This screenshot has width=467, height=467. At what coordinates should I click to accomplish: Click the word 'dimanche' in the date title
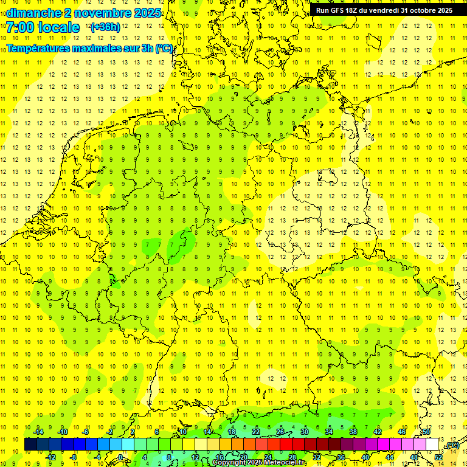33,13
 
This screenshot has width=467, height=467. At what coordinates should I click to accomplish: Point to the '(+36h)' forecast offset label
105,27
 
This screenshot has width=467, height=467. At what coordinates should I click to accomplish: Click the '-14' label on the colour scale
38,432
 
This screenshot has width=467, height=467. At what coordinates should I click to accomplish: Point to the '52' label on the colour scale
438,457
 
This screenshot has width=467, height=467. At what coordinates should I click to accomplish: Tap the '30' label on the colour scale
305,432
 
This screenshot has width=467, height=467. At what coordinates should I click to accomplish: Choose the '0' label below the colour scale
120,457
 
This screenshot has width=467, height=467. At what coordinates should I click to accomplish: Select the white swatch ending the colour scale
432,444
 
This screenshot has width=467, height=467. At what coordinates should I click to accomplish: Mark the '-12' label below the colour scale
51,457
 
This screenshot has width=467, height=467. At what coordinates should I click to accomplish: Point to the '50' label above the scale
426,432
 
